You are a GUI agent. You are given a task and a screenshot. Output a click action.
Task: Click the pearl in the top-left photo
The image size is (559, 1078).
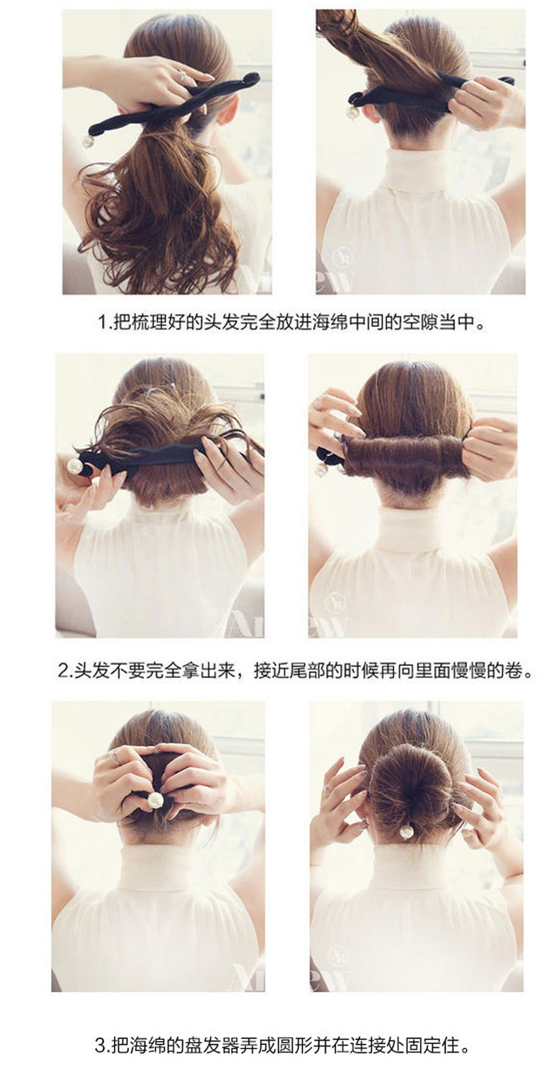(x=87, y=142)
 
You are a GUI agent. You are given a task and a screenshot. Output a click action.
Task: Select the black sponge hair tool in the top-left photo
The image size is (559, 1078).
(x=174, y=103)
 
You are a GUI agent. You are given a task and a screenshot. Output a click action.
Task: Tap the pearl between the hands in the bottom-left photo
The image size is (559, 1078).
(x=154, y=800)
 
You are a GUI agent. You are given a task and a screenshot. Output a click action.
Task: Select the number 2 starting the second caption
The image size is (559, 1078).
(x=63, y=670)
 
